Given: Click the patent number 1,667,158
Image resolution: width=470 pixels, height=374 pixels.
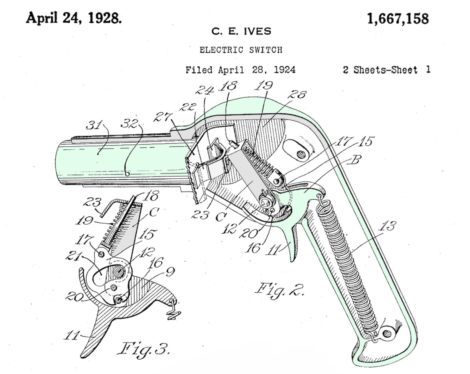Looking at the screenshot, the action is point(398,19).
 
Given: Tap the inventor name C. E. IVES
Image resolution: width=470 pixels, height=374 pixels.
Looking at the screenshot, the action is point(241,31).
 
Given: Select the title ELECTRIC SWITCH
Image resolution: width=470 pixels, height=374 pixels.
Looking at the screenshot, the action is point(241,50).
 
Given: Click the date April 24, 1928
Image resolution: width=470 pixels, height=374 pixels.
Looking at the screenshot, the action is point(74,18).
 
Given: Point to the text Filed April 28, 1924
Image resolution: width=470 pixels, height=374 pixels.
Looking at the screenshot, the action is point(240,70).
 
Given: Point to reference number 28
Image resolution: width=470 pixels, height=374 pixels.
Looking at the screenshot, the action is point(297,94).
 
